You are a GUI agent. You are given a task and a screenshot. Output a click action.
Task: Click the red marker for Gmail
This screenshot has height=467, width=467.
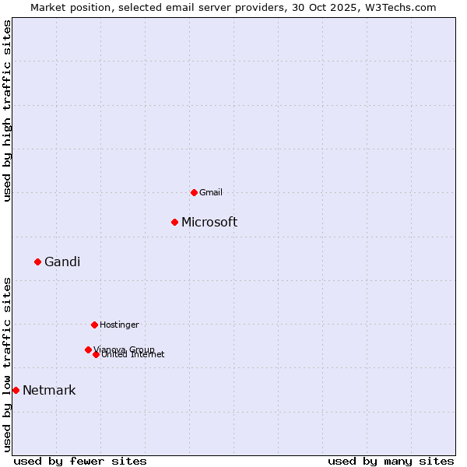click(194, 192)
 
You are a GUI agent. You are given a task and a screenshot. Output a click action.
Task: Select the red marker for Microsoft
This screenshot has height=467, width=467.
click(175, 222)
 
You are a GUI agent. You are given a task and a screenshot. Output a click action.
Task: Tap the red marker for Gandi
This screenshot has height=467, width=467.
click(37, 262)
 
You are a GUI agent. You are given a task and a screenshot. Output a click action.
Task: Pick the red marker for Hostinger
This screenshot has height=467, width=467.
click(94, 325)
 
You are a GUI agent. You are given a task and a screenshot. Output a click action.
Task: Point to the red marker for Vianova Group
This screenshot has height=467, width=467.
click(88, 349)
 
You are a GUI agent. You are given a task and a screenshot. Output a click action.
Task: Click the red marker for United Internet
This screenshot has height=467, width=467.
click(96, 354)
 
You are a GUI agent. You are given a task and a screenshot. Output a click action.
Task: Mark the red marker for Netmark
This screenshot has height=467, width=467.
click(16, 390)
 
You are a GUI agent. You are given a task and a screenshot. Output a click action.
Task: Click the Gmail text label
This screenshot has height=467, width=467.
click(211, 192)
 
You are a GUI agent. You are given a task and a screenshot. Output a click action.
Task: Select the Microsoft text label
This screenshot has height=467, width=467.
click(209, 222)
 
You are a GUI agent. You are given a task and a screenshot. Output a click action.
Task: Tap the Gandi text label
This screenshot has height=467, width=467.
click(62, 262)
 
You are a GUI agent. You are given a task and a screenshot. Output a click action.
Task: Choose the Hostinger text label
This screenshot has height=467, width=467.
click(119, 325)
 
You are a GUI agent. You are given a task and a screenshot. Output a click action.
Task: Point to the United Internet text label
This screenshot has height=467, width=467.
click(133, 355)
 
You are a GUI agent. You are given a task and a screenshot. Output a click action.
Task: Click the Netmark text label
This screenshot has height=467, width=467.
click(49, 390)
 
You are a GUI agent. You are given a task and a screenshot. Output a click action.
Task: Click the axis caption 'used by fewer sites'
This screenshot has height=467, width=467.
click(80, 461)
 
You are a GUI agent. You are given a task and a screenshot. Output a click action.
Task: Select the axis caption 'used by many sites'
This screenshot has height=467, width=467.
click(391, 461)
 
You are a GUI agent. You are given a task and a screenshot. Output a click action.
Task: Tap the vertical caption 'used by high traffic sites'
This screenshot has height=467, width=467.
click(7, 111)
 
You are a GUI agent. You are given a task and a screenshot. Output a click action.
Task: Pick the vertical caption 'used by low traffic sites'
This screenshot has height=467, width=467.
click(7, 364)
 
